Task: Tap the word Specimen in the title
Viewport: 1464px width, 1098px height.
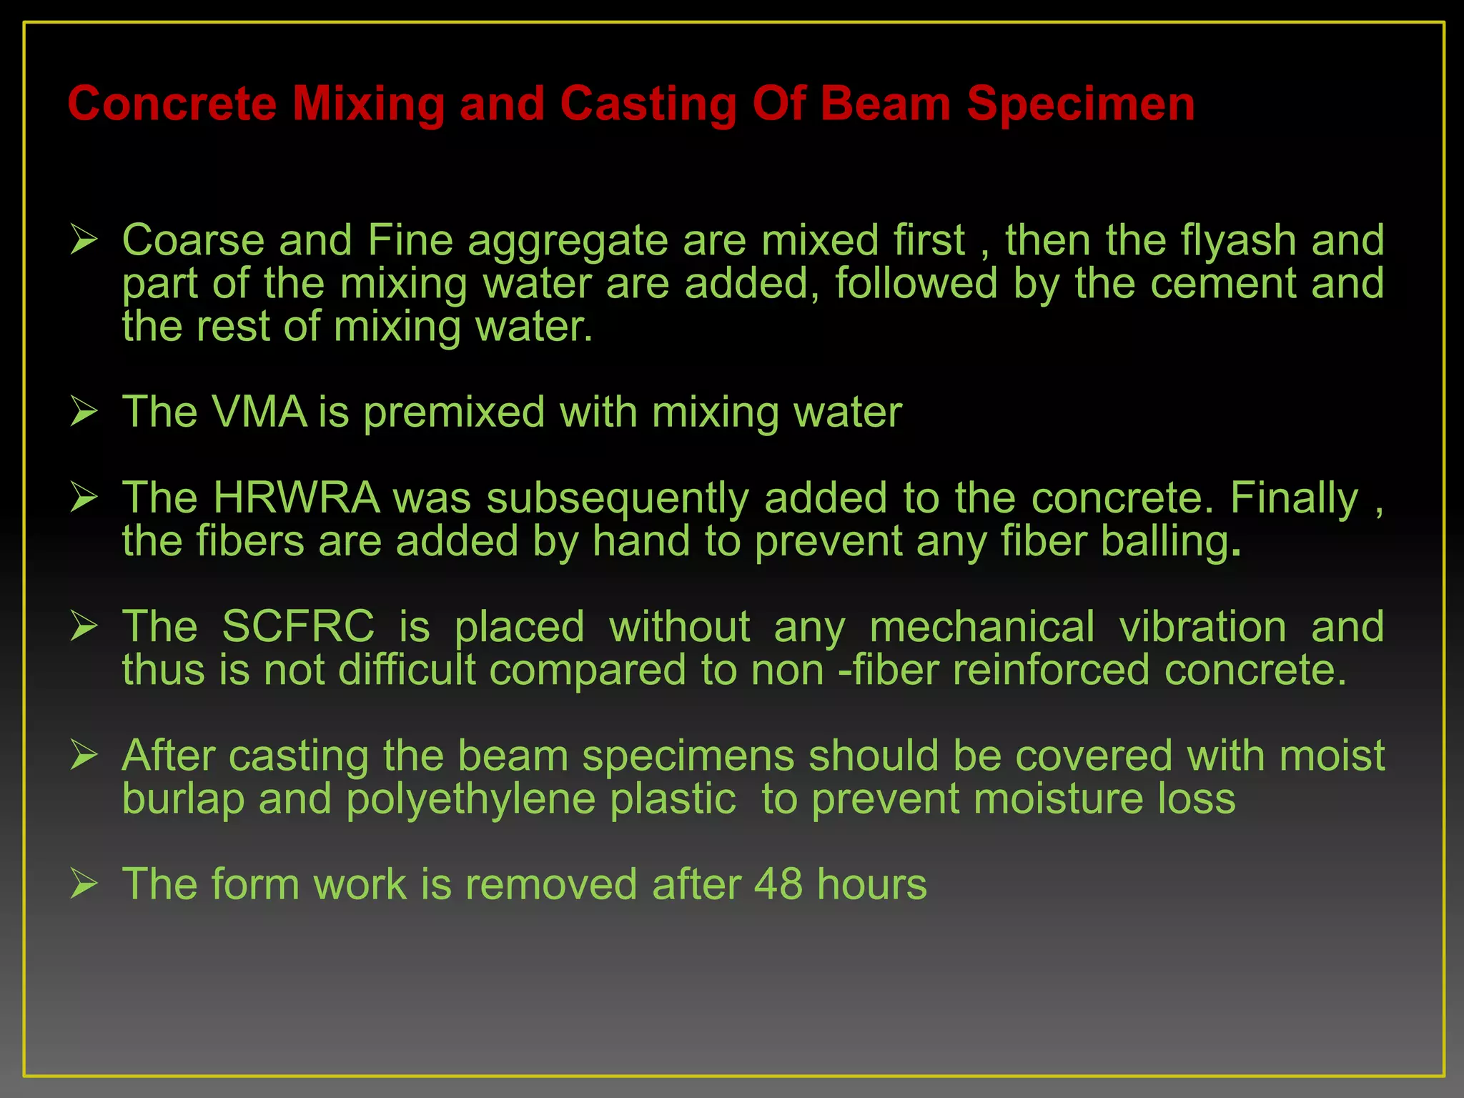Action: click(1080, 104)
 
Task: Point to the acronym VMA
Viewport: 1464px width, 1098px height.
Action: click(259, 412)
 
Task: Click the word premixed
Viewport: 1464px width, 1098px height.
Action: click(454, 414)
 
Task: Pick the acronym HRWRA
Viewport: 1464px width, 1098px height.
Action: click(297, 498)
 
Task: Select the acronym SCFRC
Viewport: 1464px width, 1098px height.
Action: click(298, 627)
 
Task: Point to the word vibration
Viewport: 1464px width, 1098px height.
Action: click(1203, 627)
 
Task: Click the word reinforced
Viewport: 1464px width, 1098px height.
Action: click(1050, 671)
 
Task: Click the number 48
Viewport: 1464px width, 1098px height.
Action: click(778, 884)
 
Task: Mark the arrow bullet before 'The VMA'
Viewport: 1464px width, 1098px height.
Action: click(84, 412)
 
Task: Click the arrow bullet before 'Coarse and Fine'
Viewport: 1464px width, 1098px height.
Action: click(84, 240)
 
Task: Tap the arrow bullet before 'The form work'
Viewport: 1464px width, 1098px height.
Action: click(84, 884)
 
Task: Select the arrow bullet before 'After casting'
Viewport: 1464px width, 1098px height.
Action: click(84, 756)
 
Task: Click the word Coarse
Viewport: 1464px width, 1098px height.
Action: click(193, 240)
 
